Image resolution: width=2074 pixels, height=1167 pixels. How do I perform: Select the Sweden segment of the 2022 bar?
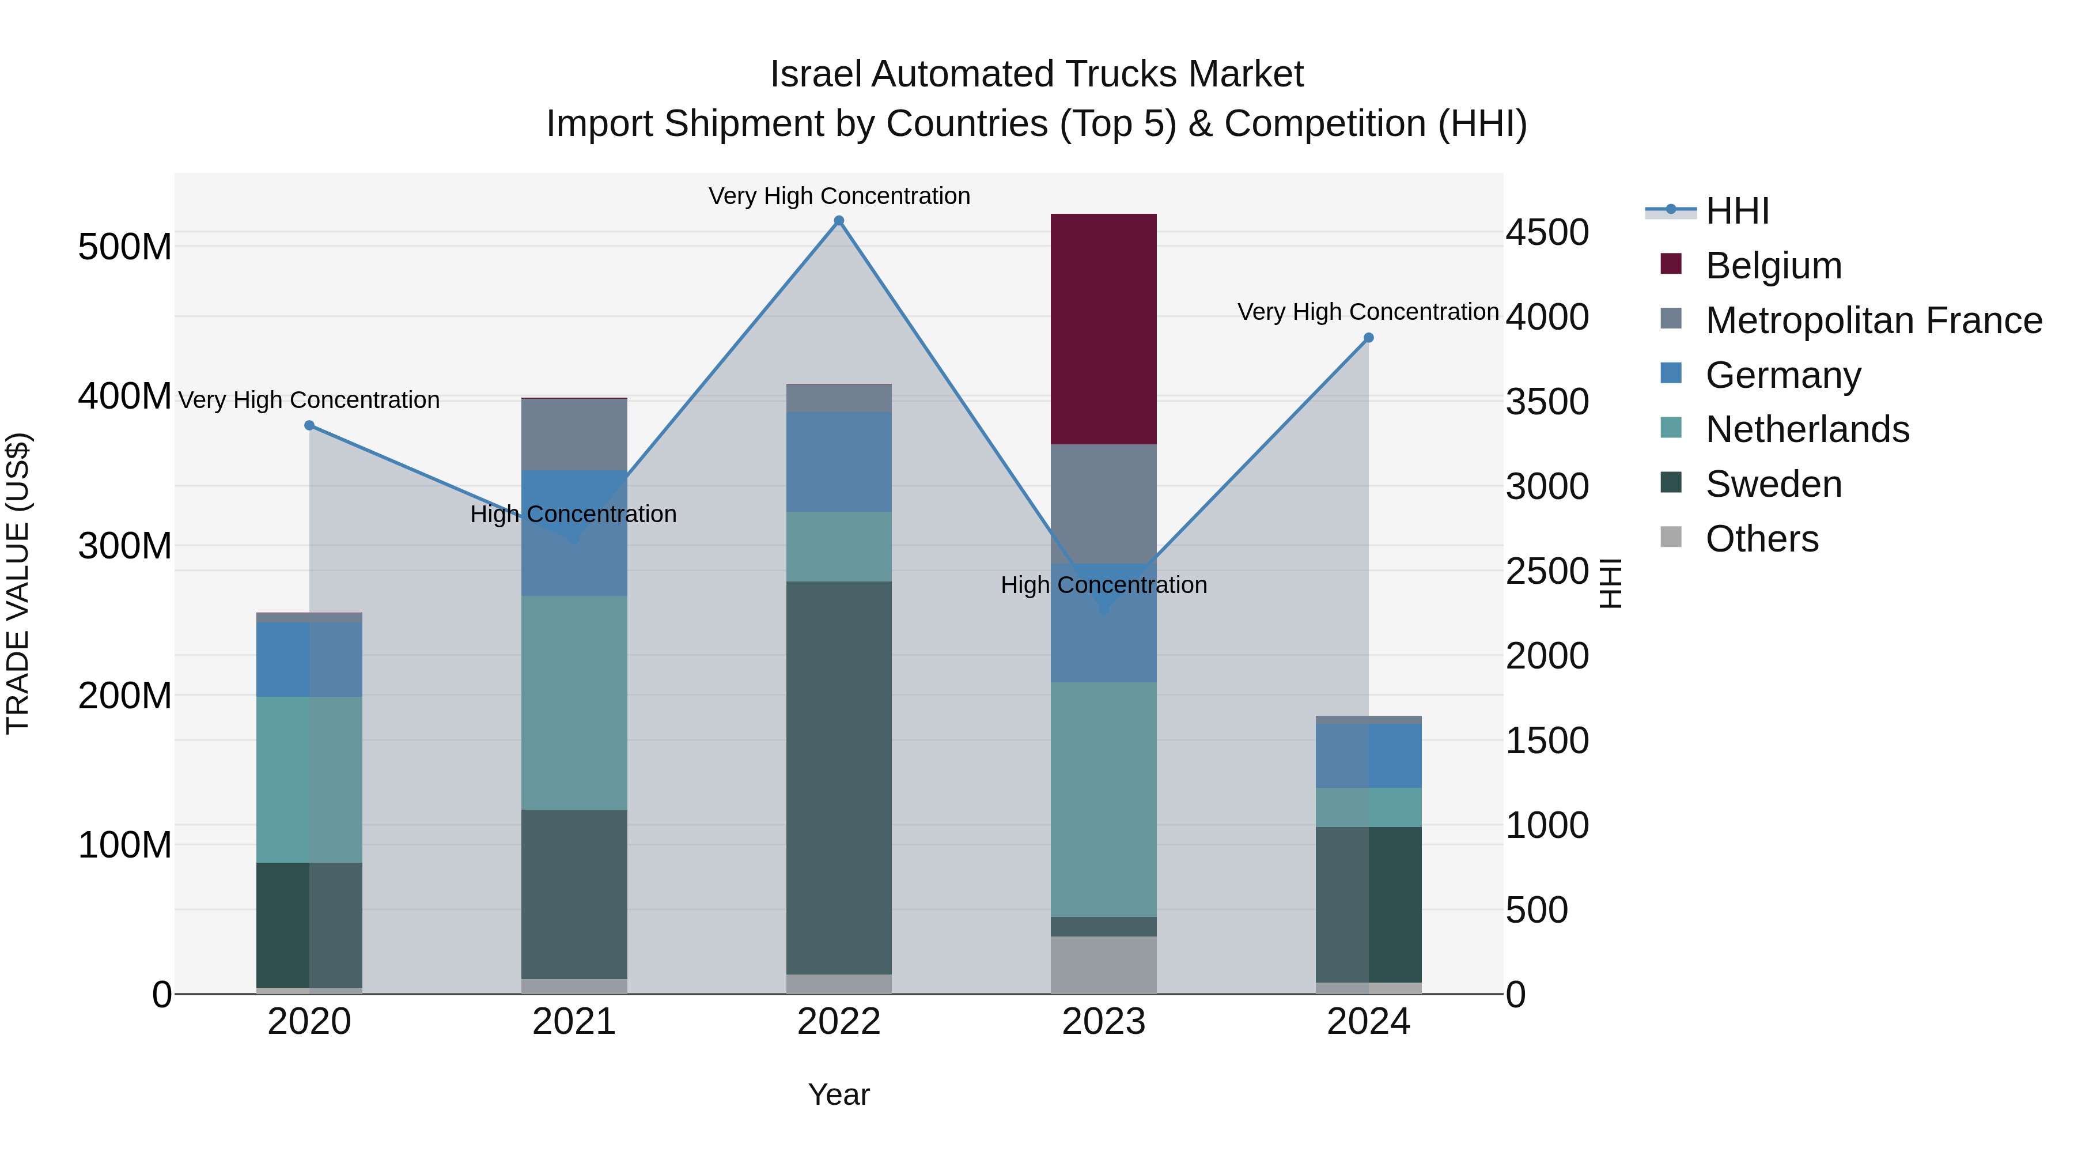tap(838, 777)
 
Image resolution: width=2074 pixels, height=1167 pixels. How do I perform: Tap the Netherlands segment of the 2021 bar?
tap(574, 703)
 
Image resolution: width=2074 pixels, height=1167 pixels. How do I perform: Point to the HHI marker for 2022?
tap(838, 221)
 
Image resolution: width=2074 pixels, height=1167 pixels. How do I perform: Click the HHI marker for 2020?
tap(309, 425)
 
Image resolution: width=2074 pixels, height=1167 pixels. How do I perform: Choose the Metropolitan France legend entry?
tap(1873, 320)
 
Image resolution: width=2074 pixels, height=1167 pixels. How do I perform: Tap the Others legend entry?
tap(1762, 539)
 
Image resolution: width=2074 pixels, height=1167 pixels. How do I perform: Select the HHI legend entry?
tap(1736, 211)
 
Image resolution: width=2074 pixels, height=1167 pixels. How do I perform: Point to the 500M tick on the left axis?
tap(125, 247)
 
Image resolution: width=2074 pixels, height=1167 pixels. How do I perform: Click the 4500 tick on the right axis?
tap(1547, 233)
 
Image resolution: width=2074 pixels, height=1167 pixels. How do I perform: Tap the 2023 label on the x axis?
tap(1103, 1022)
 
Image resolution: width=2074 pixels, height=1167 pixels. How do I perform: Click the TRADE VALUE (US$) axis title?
tap(18, 583)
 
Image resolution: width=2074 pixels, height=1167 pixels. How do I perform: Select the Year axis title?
tap(838, 1094)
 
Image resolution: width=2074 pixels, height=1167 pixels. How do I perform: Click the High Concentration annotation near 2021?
tap(573, 514)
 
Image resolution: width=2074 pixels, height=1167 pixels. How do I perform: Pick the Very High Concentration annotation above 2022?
tap(839, 196)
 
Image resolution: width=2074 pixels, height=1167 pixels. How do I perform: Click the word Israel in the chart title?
tap(816, 74)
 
